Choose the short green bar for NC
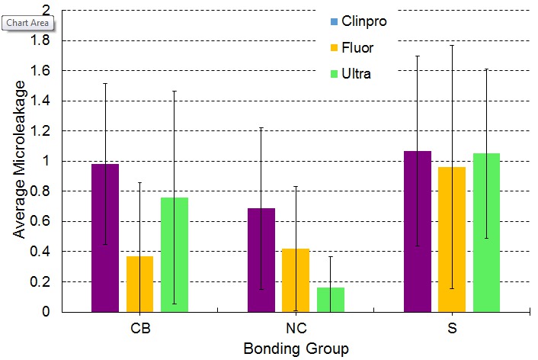point(331,299)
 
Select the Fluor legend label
point(357,47)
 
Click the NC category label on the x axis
point(296,330)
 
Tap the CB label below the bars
point(139,330)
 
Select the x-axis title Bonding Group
point(296,349)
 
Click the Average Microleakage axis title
point(19,161)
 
